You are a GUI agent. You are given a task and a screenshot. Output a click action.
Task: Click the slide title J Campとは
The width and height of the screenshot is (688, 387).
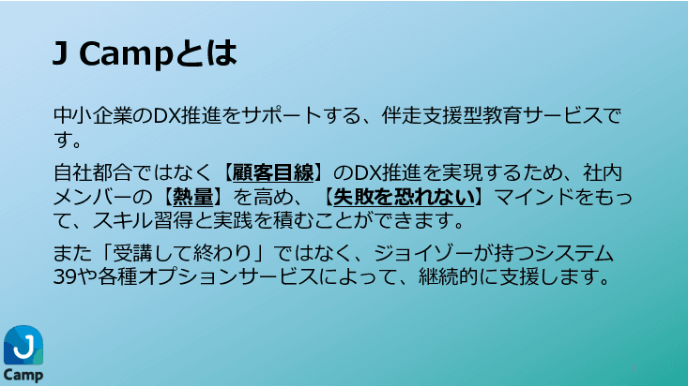click(145, 54)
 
